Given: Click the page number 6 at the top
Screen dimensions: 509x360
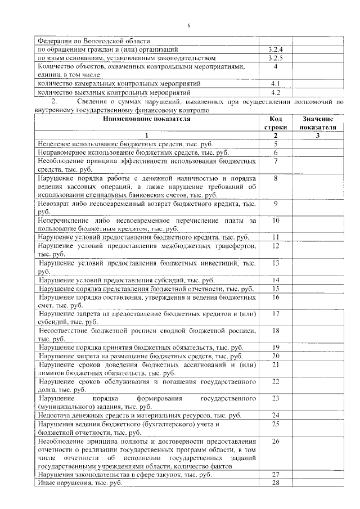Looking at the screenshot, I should (x=189, y=25).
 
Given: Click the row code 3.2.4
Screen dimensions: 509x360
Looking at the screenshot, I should (x=276, y=49).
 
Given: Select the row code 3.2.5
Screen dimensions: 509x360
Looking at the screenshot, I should (x=276, y=58).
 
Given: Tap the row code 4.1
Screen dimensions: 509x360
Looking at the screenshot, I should (x=276, y=84).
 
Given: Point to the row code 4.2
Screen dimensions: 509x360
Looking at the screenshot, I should (x=276, y=92).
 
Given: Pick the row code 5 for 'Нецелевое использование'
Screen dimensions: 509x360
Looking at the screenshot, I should (x=276, y=144).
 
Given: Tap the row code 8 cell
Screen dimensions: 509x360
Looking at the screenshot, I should (x=276, y=178).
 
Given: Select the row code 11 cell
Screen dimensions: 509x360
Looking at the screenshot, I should (x=276, y=237).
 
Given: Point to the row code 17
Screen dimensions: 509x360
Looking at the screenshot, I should (x=276, y=313).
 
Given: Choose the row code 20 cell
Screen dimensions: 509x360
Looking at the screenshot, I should (x=276, y=356).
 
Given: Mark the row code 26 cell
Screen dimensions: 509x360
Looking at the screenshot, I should (x=276, y=442).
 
